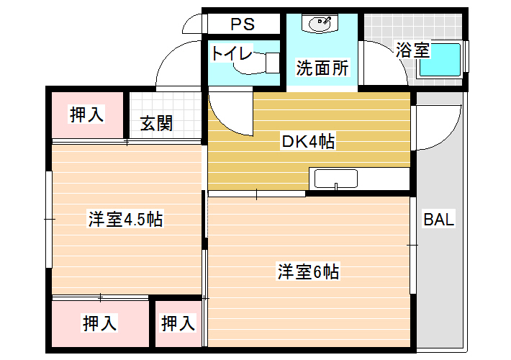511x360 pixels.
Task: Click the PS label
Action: point(243,24)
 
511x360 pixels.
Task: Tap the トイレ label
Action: point(231,53)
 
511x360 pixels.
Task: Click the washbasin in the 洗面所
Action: point(320,24)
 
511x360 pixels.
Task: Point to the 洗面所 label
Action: point(322,68)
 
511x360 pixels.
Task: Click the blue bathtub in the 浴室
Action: point(440,60)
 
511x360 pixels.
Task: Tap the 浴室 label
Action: point(412,50)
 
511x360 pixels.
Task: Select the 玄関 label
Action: point(156,123)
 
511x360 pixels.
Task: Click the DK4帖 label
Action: point(308,141)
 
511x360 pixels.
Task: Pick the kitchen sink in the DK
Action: point(335,179)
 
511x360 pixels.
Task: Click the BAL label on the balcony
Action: point(438,219)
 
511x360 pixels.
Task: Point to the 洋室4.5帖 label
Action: point(126,219)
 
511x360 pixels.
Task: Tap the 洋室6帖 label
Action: point(308,271)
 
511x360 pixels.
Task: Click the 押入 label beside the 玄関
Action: point(87,114)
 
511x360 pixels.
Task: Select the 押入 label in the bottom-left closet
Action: point(99,323)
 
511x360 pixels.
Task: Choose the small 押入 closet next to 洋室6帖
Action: point(178,323)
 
